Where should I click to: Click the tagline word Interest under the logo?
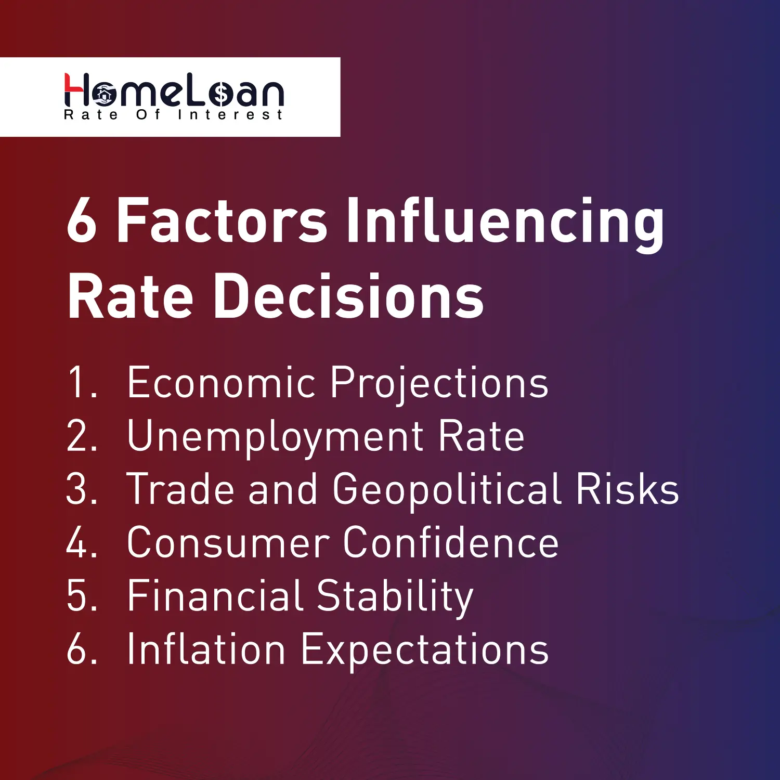[x=230, y=115]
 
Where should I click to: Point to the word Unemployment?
[x=275, y=437]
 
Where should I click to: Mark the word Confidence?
[x=451, y=543]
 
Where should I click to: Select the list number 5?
[x=82, y=596]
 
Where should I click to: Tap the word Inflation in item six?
[x=206, y=649]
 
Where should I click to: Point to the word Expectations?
[x=425, y=650]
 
